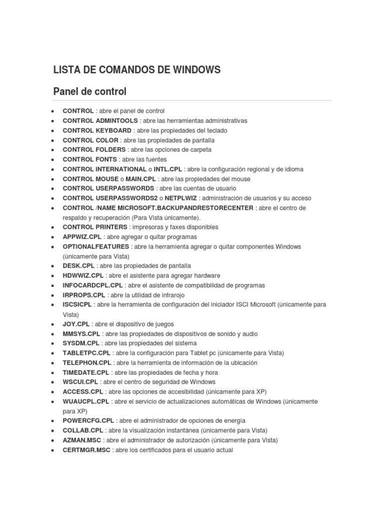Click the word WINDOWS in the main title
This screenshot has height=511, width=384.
coord(195,70)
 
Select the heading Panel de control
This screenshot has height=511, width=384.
coord(90,92)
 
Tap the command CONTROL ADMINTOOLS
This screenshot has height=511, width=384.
coord(100,121)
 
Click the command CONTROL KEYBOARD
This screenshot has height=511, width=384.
coord(97,130)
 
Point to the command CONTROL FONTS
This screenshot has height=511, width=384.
coord(90,159)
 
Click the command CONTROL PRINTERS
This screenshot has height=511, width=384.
coord(94,227)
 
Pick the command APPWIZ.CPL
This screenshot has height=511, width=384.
coord(82,237)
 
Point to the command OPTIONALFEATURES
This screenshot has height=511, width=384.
coord(96,247)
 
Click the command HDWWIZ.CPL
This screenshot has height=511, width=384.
coord(83,275)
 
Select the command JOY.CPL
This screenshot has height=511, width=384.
coord(76,324)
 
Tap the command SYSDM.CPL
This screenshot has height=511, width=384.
coord(81,343)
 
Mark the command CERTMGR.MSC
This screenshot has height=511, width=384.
coord(86,450)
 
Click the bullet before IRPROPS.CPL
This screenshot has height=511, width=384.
coord(52,295)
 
